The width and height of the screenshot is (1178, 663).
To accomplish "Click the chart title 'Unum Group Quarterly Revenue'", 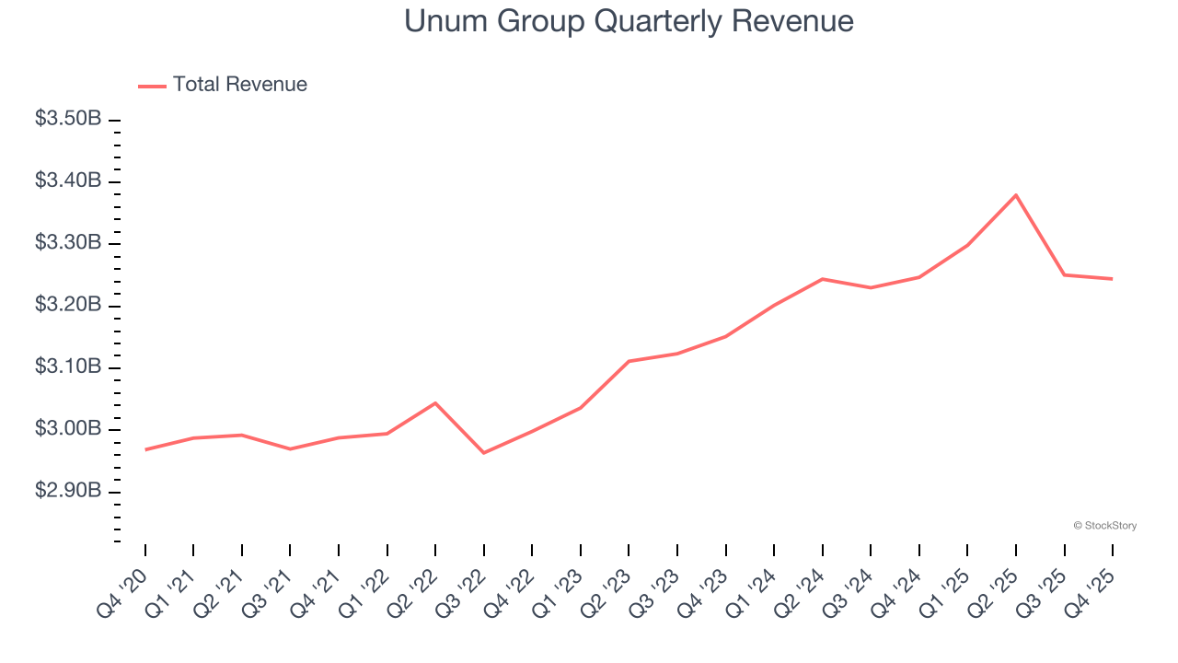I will [x=629, y=21].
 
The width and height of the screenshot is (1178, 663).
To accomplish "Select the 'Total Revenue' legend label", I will [x=239, y=85].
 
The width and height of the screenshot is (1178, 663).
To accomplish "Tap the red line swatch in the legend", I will [x=152, y=86].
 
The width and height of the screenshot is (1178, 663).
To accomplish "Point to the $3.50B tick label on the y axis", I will [x=67, y=119].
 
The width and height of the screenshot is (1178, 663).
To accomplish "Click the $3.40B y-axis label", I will [x=67, y=180].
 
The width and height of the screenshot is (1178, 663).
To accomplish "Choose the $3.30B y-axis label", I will [x=67, y=243].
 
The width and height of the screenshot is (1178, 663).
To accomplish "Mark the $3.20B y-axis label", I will [x=67, y=305].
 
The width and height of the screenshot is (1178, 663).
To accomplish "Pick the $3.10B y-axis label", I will [x=67, y=367].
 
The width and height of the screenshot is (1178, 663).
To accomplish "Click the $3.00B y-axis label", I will [x=67, y=429].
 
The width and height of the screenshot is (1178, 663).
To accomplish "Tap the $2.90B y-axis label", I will [x=67, y=491].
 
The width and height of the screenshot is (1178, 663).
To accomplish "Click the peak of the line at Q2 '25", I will [x=1015, y=195].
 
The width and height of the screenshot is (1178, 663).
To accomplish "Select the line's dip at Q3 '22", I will [x=484, y=452].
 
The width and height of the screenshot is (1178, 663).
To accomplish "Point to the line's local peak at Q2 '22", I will [x=435, y=403].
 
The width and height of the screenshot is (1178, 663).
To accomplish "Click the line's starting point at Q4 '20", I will [x=145, y=449].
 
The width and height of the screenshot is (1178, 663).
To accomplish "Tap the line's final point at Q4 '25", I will [x=1112, y=279].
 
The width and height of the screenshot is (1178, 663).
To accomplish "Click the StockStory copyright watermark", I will [x=1104, y=526].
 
